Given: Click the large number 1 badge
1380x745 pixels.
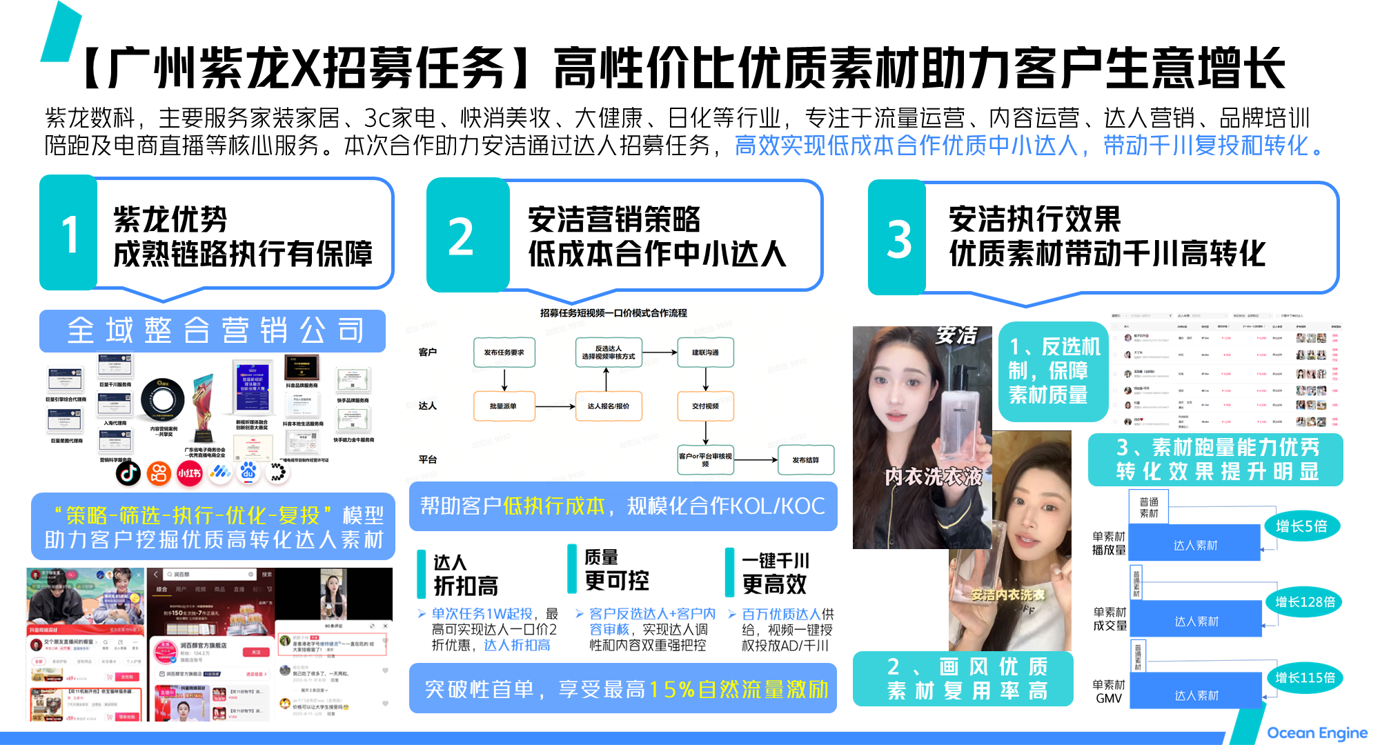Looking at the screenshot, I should tap(68, 233).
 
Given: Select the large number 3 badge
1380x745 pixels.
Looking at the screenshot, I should tap(897, 239).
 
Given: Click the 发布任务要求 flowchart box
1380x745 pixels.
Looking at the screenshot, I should tap(504, 352).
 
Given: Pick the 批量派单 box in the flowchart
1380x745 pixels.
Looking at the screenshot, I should tap(503, 406).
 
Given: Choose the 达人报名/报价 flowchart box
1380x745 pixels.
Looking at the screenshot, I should tap(608, 406).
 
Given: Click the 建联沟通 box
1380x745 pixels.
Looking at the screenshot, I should tap(705, 352).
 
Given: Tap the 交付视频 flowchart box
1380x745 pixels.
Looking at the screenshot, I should tap(705, 406).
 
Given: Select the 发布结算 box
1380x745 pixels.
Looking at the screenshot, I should tap(805, 460).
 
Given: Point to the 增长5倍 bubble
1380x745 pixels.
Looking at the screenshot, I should tap(1301, 526).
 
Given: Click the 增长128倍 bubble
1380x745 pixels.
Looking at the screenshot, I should tap(1304, 602).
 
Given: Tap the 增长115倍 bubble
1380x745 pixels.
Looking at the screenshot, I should tap(1304, 677).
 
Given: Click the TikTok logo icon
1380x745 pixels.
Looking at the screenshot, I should tap(128, 473).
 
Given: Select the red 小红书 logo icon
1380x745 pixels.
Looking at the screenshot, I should tap(189, 473).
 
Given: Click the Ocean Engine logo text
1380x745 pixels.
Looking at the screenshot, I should tap(1317, 733).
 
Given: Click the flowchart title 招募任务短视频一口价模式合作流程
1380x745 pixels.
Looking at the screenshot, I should tap(613, 313).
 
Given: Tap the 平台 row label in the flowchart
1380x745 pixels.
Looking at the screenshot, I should tap(427, 459).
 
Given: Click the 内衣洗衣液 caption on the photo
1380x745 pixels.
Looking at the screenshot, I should tap(933, 476).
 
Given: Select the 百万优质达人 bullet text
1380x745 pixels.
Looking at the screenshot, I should tap(780, 614).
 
